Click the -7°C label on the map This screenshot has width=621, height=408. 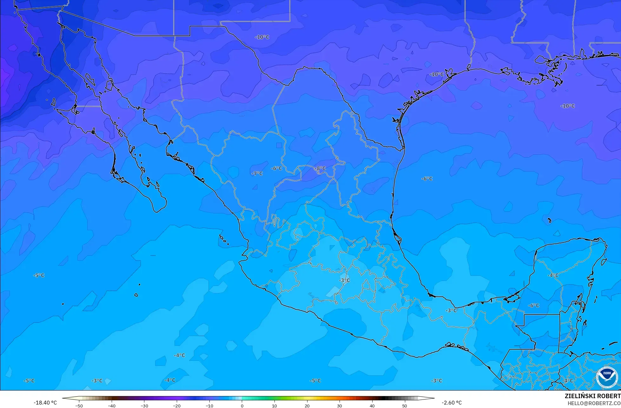coord(257,173)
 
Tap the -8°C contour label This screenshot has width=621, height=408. coord(320,168)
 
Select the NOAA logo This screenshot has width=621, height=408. coord(607,377)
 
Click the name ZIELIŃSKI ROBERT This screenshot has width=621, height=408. coord(592,396)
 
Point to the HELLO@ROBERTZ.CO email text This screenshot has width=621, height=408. coord(594,403)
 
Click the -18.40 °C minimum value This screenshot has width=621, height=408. coord(45,403)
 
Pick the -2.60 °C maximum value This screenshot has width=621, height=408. coord(452,403)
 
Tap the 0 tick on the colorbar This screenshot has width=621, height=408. coord(242,405)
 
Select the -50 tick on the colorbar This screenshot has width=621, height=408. coord(79,405)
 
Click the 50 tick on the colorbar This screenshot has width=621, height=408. coord(404,405)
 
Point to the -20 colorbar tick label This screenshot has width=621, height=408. coord(176,405)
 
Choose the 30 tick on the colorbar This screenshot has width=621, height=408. coord(340,405)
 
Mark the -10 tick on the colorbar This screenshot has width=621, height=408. coord(209,405)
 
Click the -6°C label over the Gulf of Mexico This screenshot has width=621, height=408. coord(427,178)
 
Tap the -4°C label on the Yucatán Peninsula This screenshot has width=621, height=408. coord(553,275)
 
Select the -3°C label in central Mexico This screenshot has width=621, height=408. coord(344,280)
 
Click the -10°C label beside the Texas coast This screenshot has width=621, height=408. coord(437,74)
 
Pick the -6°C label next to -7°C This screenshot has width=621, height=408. coord(276,168)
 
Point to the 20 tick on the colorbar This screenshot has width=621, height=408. coord(307,405)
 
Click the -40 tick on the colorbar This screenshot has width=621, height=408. coord(111,405)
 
